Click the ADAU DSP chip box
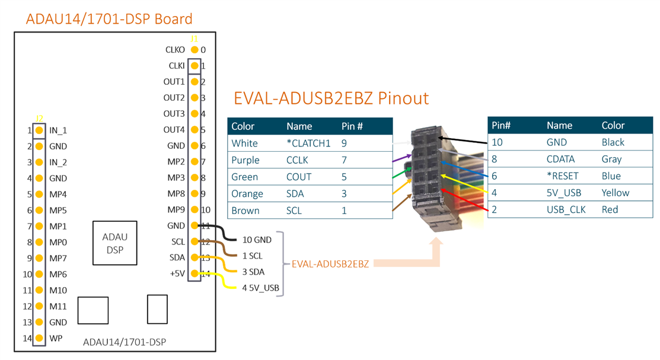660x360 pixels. pos(115,243)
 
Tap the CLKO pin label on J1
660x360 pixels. pos(176,50)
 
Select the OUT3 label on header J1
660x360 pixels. pos(174,114)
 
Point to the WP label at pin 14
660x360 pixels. pos(56,339)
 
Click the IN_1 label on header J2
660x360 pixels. pos(58,130)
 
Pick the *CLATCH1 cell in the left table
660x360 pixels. pos(308,143)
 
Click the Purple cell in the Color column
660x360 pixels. pos(245,160)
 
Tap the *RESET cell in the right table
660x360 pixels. pos(562,176)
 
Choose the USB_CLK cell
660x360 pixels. pos(565,209)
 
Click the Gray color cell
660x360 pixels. pos(611,159)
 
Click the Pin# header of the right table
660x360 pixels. pos(501,126)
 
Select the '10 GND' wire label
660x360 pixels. pos(257,240)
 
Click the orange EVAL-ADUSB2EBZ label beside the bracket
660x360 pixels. pos(330,264)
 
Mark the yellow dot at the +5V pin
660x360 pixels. pos(194,273)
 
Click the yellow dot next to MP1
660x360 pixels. pos(39,226)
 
